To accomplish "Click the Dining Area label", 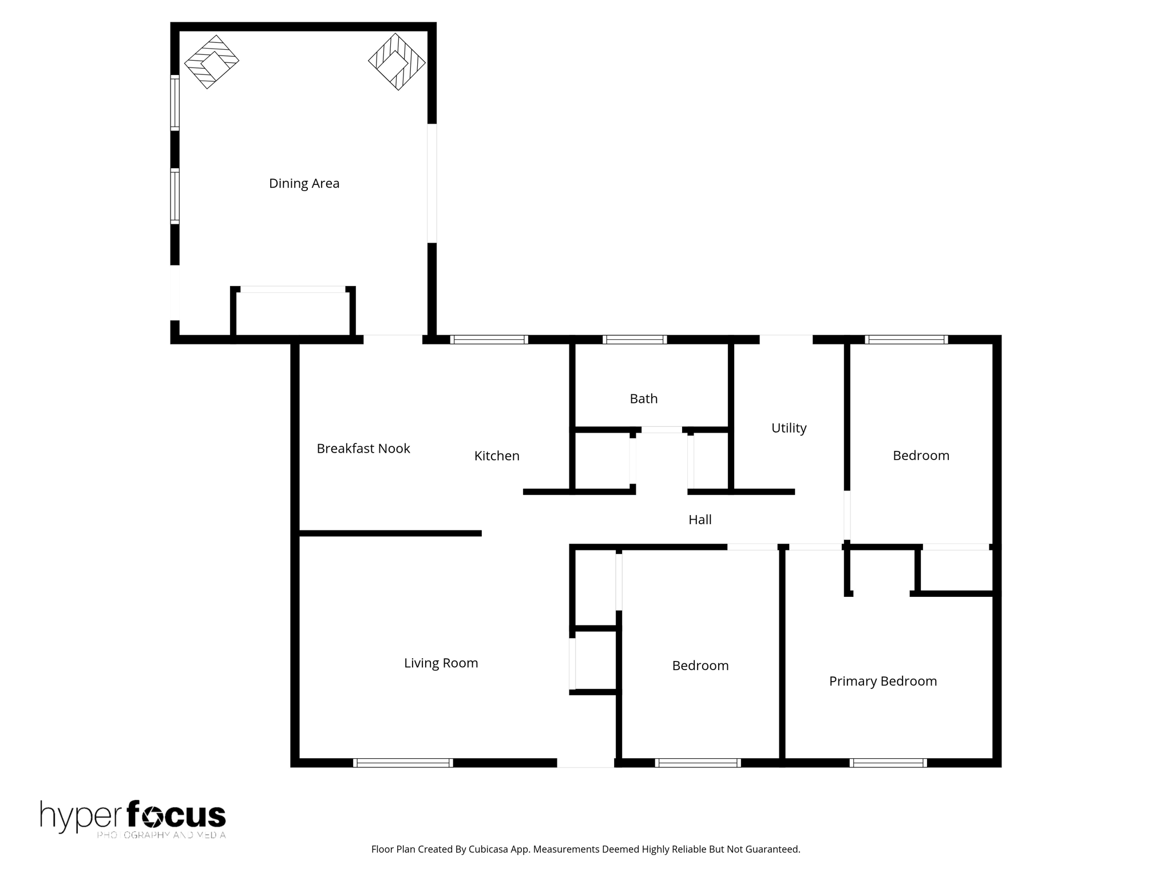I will tap(304, 184).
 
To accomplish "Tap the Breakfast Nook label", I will tap(363, 449).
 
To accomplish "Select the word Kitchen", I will tap(497, 456).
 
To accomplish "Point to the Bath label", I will tap(643, 399).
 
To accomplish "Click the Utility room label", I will tap(789, 428).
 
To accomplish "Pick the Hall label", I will tap(699, 520).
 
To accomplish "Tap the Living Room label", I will tap(441, 663).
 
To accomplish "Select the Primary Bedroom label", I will tap(882, 681).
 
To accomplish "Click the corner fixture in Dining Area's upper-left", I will tap(211, 62).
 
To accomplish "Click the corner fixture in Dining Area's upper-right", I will tap(397, 62).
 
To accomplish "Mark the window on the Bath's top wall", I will tap(635, 340).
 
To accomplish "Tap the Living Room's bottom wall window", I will tap(403, 763).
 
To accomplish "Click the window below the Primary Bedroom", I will tap(888, 763).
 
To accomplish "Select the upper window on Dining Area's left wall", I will tap(175, 103).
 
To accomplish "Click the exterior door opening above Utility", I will tap(786, 339).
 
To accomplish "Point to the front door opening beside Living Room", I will tap(585, 763).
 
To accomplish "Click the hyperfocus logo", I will tap(133, 818).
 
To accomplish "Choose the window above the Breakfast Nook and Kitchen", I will tap(489, 340).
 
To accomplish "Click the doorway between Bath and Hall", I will tap(662, 430).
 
